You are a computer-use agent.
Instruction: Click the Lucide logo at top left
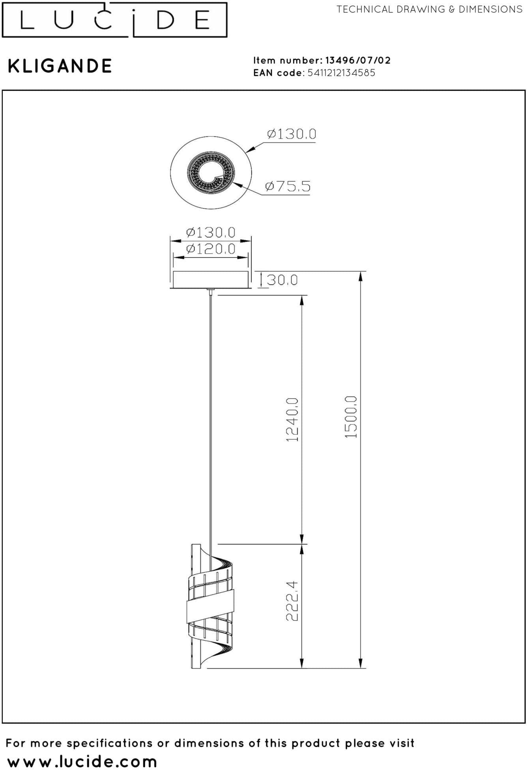[x=114, y=20]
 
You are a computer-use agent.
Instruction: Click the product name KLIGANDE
[x=60, y=66]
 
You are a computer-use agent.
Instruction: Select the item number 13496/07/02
[x=358, y=60]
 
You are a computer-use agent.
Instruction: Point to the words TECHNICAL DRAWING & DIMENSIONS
[x=430, y=9]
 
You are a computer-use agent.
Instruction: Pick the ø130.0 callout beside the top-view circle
[x=292, y=134]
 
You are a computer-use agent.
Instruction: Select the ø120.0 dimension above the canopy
[x=211, y=249]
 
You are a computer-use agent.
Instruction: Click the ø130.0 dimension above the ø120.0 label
[x=211, y=232]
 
